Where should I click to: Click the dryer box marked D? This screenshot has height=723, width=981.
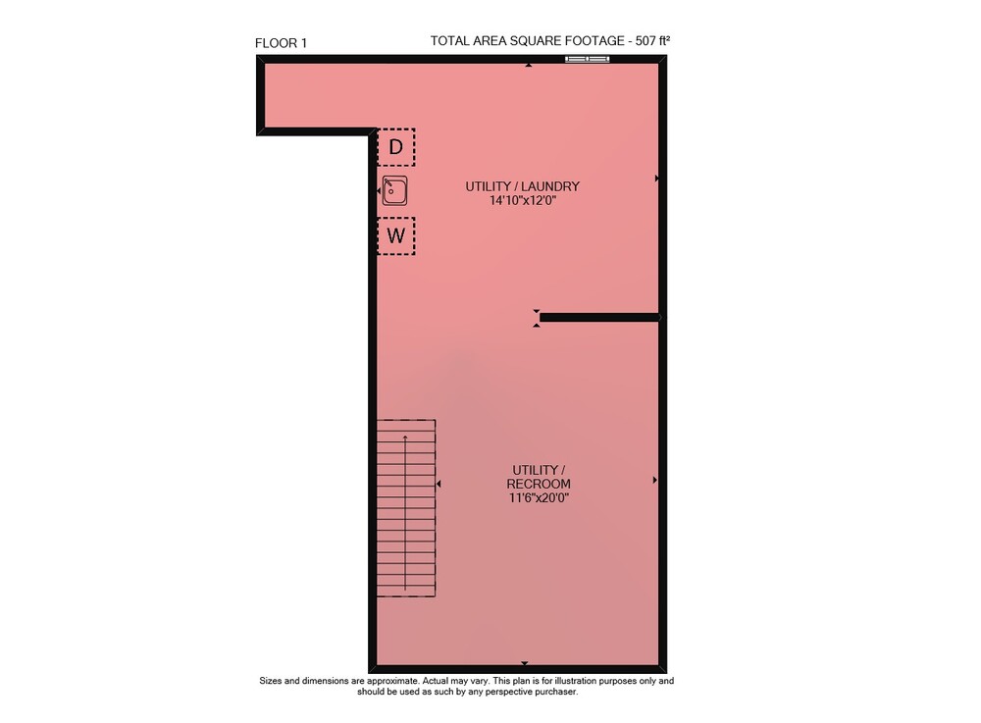click(x=395, y=147)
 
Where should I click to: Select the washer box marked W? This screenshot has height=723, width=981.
click(x=395, y=235)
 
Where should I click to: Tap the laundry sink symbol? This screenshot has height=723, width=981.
click(x=394, y=190)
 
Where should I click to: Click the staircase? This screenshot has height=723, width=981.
click(x=405, y=508)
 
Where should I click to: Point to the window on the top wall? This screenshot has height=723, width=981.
click(x=587, y=60)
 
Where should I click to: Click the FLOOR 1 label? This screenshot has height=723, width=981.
click(x=281, y=43)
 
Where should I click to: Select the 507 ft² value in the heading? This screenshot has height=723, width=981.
click(x=652, y=40)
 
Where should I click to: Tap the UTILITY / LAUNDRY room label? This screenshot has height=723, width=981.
click(x=523, y=185)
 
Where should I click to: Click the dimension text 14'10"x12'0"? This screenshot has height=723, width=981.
click(x=523, y=200)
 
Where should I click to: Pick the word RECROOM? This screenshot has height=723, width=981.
click(x=538, y=484)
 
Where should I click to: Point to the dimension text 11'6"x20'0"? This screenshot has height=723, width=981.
click(x=539, y=497)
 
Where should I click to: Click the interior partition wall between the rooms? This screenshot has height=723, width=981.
click(x=599, y=318)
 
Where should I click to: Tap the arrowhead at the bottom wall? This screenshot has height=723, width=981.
click(x=524, y=663)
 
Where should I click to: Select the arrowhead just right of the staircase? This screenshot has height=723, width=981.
click(x=439, y=484)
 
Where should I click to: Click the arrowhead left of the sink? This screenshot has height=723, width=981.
click(x=379, y=190)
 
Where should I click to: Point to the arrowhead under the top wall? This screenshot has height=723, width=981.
click(x=529, y=65)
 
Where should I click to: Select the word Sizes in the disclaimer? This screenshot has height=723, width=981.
click(x=271, y=681)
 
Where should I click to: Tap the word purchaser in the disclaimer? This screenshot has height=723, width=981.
click(x=555, y=692)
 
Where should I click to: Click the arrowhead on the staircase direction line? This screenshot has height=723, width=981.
click(x=405, y=437)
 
